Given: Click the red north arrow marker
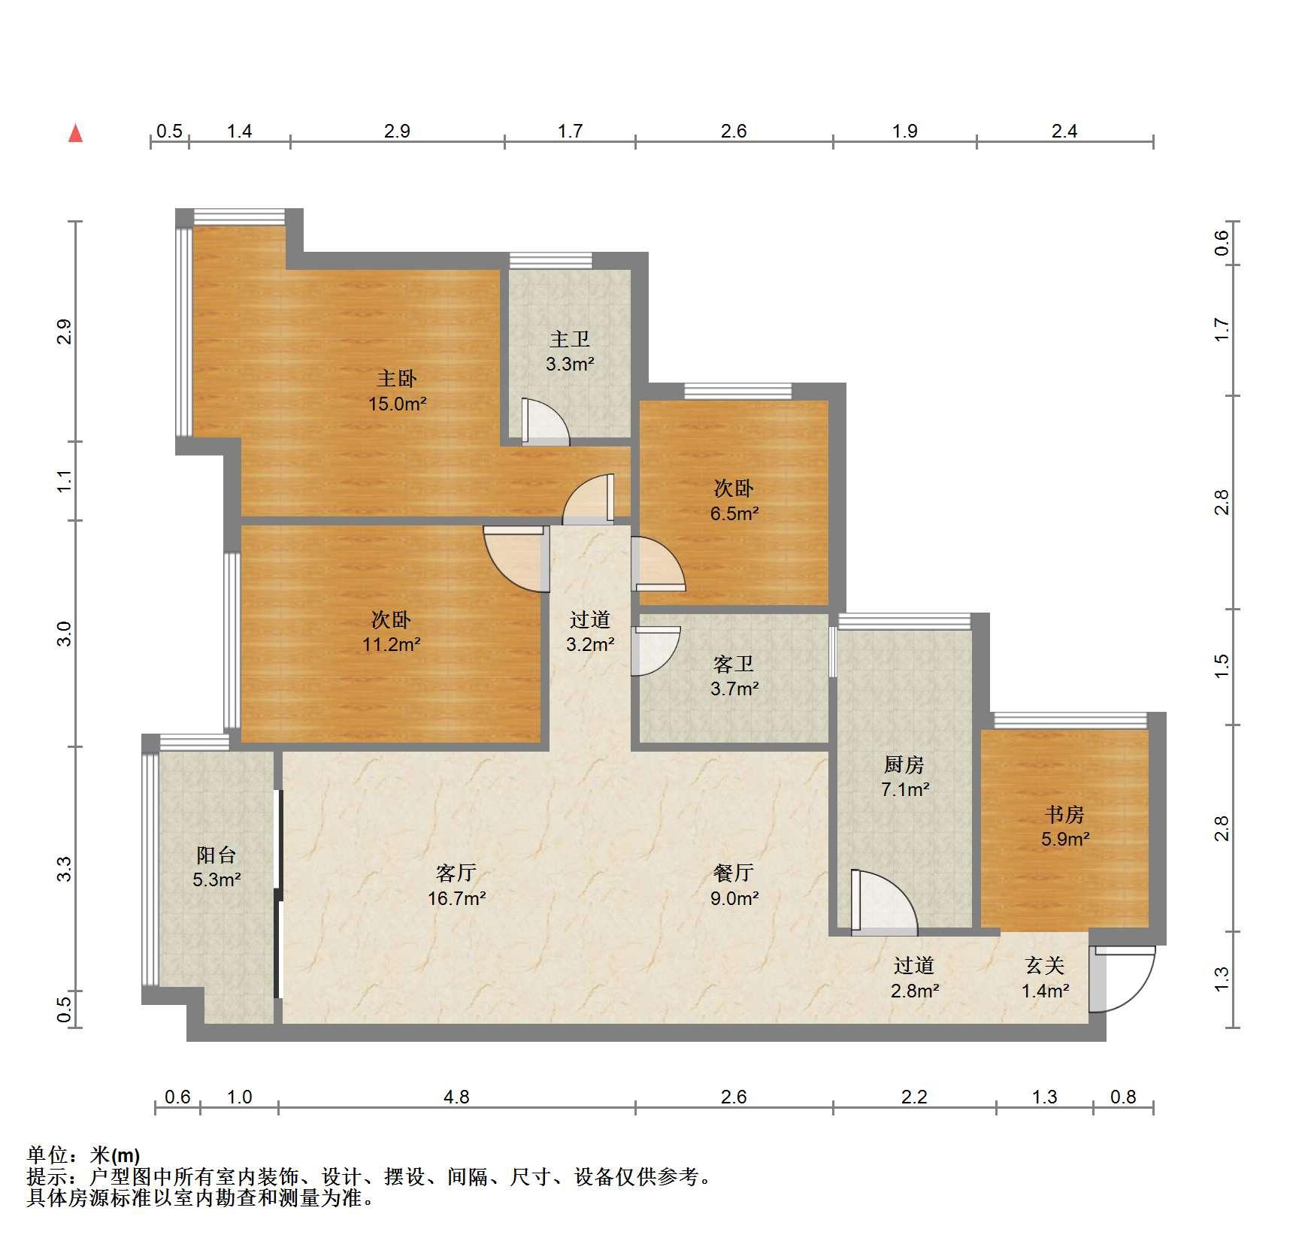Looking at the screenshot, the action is coord(75,133).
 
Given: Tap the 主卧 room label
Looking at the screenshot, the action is coord(396,378).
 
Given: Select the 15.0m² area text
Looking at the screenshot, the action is coord(397,404).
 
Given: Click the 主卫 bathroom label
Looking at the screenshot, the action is coord(570,339).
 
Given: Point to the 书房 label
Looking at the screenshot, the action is coord(1064,814).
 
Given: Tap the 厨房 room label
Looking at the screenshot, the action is coord(904,764).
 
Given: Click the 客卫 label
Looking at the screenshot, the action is coord(734,664).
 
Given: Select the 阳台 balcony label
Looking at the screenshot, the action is coord(216,855).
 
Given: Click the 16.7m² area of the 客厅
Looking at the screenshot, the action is coord(456,898).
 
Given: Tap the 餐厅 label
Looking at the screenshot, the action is coord(734,873).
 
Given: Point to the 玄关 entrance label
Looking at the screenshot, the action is coord(1045,965).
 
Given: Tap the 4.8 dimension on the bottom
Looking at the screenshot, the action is coord(456,1097).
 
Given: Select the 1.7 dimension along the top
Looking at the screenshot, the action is coord(570,131).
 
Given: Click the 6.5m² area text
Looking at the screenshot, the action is coord(734,514).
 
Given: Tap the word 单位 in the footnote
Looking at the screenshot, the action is coord(47,1155).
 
